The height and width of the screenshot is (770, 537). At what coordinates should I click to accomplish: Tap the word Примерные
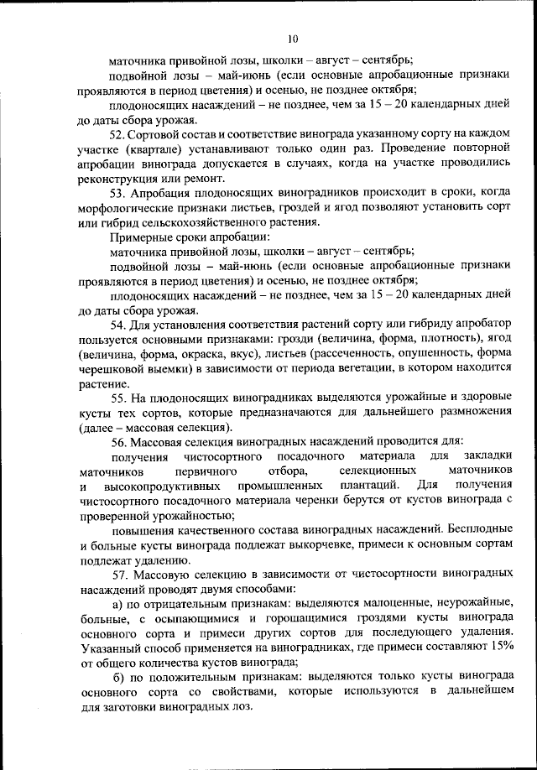pos(138,237)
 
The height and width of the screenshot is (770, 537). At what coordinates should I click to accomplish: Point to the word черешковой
pos(114,367)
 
